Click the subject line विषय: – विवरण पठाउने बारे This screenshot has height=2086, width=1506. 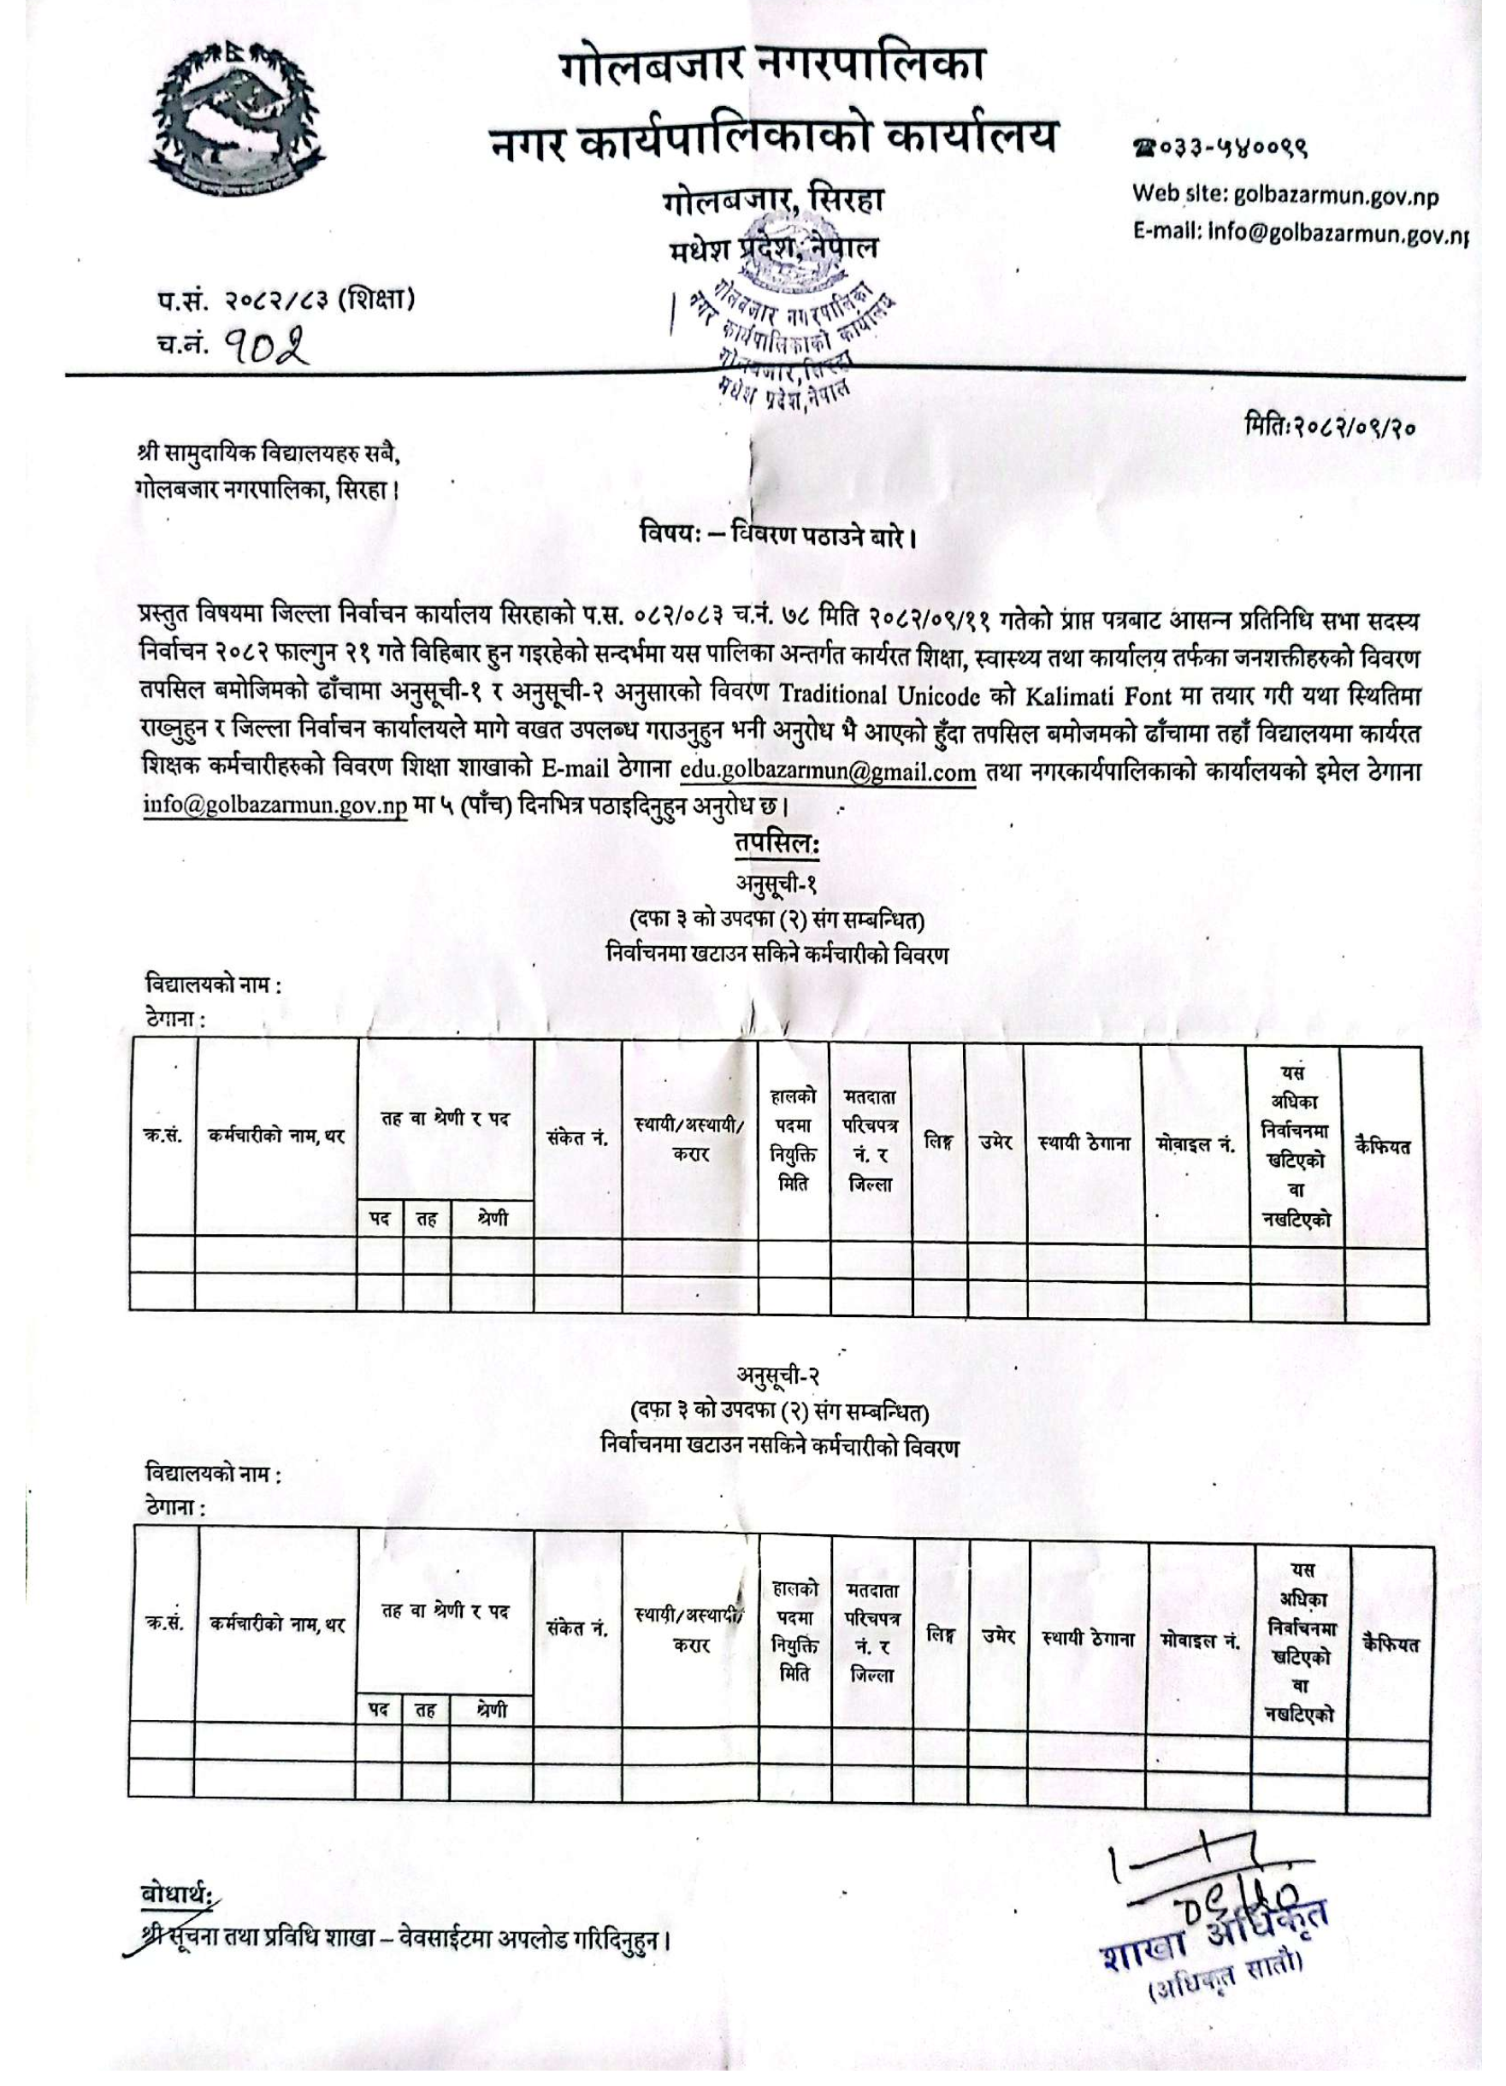click(778, 534)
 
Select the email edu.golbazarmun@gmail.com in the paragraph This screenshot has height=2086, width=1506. click(828, 771)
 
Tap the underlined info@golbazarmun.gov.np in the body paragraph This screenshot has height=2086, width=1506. click(275, 807)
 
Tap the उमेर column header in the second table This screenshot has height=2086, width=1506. click(997, 1636)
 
